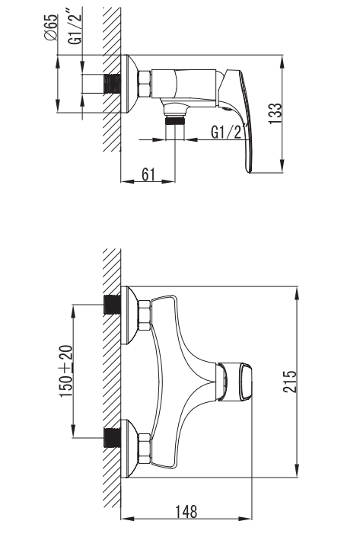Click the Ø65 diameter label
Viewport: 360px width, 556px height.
tap(52, 27)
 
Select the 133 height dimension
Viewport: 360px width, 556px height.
tap(275, 113)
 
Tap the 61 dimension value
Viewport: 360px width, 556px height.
tap(148, 174)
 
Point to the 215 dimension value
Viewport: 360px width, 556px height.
tap(290, 381)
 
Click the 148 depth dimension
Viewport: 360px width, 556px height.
tap(186, 512)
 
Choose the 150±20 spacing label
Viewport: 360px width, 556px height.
tap(67, 371)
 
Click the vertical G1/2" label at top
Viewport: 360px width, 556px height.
tap(75, 28)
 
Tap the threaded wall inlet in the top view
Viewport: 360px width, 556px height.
tap(112, 85)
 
